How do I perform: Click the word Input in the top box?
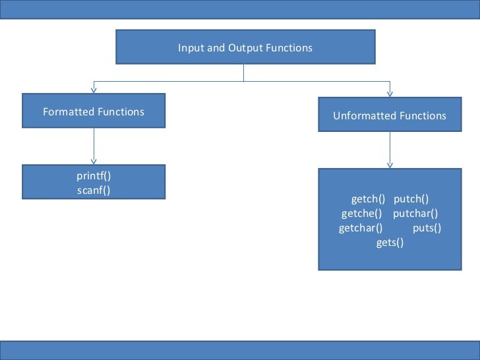point(188,48)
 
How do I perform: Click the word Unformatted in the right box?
point(362,116)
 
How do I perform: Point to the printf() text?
point(94,177)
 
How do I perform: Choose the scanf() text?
point(94,191)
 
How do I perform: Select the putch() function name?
point(411,199)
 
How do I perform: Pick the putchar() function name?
point(415,214)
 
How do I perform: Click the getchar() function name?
point(361,228)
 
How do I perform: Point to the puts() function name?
point(427,228)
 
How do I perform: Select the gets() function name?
point(390,243)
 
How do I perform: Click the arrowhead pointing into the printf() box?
point(94,160)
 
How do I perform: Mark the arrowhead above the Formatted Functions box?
point(94,90)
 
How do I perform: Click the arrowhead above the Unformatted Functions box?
point(390,94)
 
